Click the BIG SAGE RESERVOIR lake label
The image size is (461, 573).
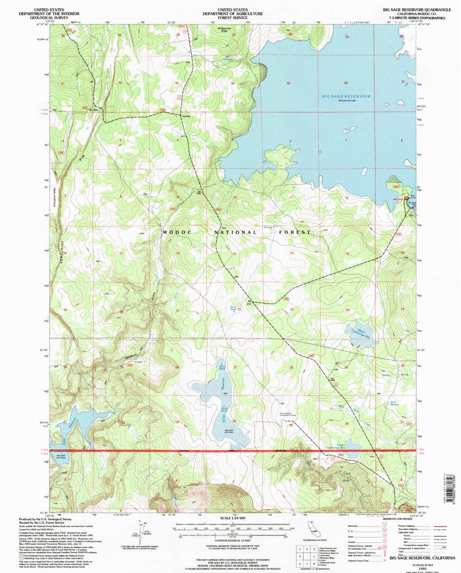pos(346,96)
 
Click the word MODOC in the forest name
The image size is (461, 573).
pos(175,233)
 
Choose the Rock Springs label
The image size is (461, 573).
pos(394,403)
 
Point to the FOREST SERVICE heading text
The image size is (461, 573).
pos(233,18)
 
